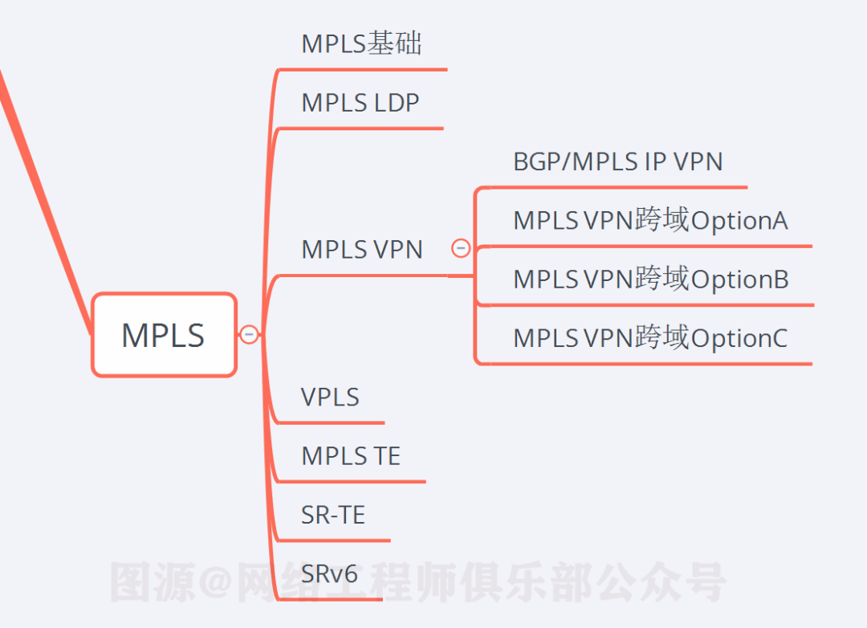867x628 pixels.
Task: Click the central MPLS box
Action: click(x=164, y=334)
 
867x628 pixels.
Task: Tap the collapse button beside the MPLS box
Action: click(x=249, y=334)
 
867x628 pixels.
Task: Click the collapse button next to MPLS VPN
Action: click(x=461, y=248)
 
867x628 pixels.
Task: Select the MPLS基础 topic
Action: click(x=361, y=43)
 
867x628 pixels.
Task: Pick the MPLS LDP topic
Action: click(x=360, y=103)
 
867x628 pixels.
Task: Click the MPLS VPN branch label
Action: click(x=361, y=249)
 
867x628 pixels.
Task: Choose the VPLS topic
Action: click(x=330, y=397)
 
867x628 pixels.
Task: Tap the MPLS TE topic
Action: click(x=350, y=456)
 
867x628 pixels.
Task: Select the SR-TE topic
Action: click(x=333, y=515)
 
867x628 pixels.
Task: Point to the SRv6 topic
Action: click(x=329, y=573)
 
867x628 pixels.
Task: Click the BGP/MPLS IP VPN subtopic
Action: click(x=617, y=161)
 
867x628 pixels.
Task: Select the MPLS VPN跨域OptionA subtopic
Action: click(x=650, y=220)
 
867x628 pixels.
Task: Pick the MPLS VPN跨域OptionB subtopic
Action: click(x=650, y=279)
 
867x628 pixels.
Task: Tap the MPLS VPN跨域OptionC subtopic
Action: click(x=650, y=338)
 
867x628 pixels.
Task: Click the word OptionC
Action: click(x=739, y=338)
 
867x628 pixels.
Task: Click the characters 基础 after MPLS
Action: click(x=394, y=43)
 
